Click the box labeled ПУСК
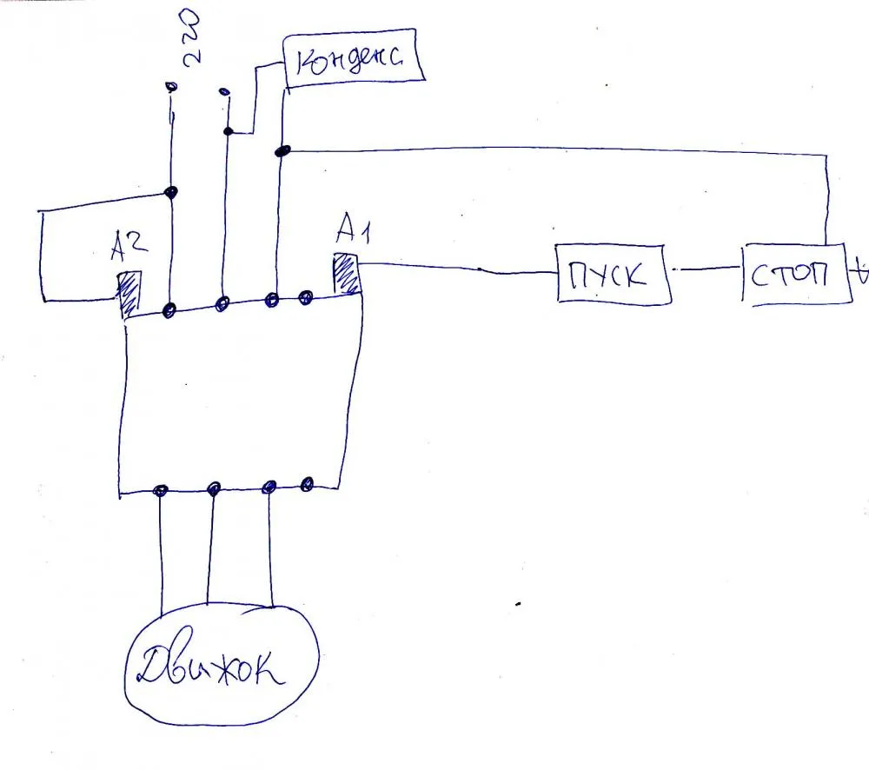614,274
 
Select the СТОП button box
793,275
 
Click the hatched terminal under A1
346,275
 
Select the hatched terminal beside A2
129,294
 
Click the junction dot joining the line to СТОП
282,152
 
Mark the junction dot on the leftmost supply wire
172,192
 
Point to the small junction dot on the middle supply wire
228,132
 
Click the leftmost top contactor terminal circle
170,309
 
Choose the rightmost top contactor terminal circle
306,298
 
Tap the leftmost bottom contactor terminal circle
160,491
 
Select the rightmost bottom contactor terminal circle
306,483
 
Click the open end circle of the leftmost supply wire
171,86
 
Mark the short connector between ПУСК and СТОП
706,271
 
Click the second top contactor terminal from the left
222,303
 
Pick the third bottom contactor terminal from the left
269,486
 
